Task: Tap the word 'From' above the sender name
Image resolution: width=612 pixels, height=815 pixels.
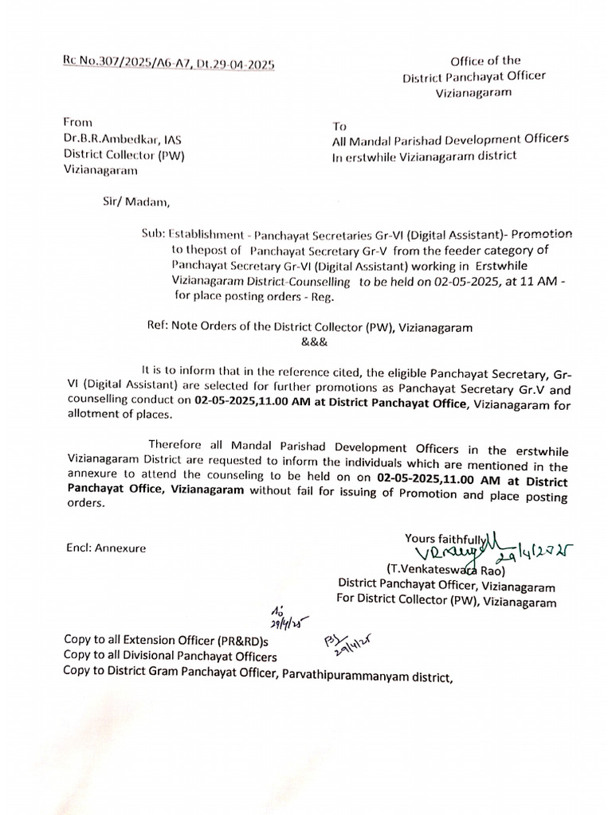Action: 78,122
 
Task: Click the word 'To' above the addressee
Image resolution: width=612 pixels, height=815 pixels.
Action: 340,126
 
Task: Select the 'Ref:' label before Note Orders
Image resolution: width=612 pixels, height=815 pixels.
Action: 156,327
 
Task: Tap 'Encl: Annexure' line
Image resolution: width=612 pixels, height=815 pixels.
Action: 106,548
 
